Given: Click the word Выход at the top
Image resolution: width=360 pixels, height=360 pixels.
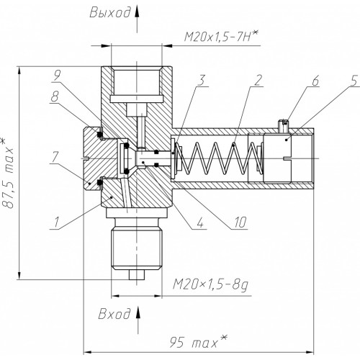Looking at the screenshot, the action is click(x=110, y=12).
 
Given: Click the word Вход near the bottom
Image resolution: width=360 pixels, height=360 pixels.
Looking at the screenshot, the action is click(x=114, y=313).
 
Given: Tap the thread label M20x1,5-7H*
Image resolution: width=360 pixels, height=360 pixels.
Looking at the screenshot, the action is click(x=221, y=37).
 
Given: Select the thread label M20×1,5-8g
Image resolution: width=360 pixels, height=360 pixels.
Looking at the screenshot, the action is click(x=211, y=285).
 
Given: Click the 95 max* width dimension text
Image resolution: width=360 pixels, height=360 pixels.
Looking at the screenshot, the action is click(x=198, y=341).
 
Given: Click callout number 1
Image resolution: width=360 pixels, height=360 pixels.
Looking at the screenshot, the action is click(x=56, y=222).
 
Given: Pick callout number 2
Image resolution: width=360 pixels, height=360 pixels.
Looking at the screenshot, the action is click(x=257, y=80).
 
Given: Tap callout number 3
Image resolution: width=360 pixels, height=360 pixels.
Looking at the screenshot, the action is click(x=201, y=80).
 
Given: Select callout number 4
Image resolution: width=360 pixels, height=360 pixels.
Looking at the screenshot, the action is click(x=200, y=222).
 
